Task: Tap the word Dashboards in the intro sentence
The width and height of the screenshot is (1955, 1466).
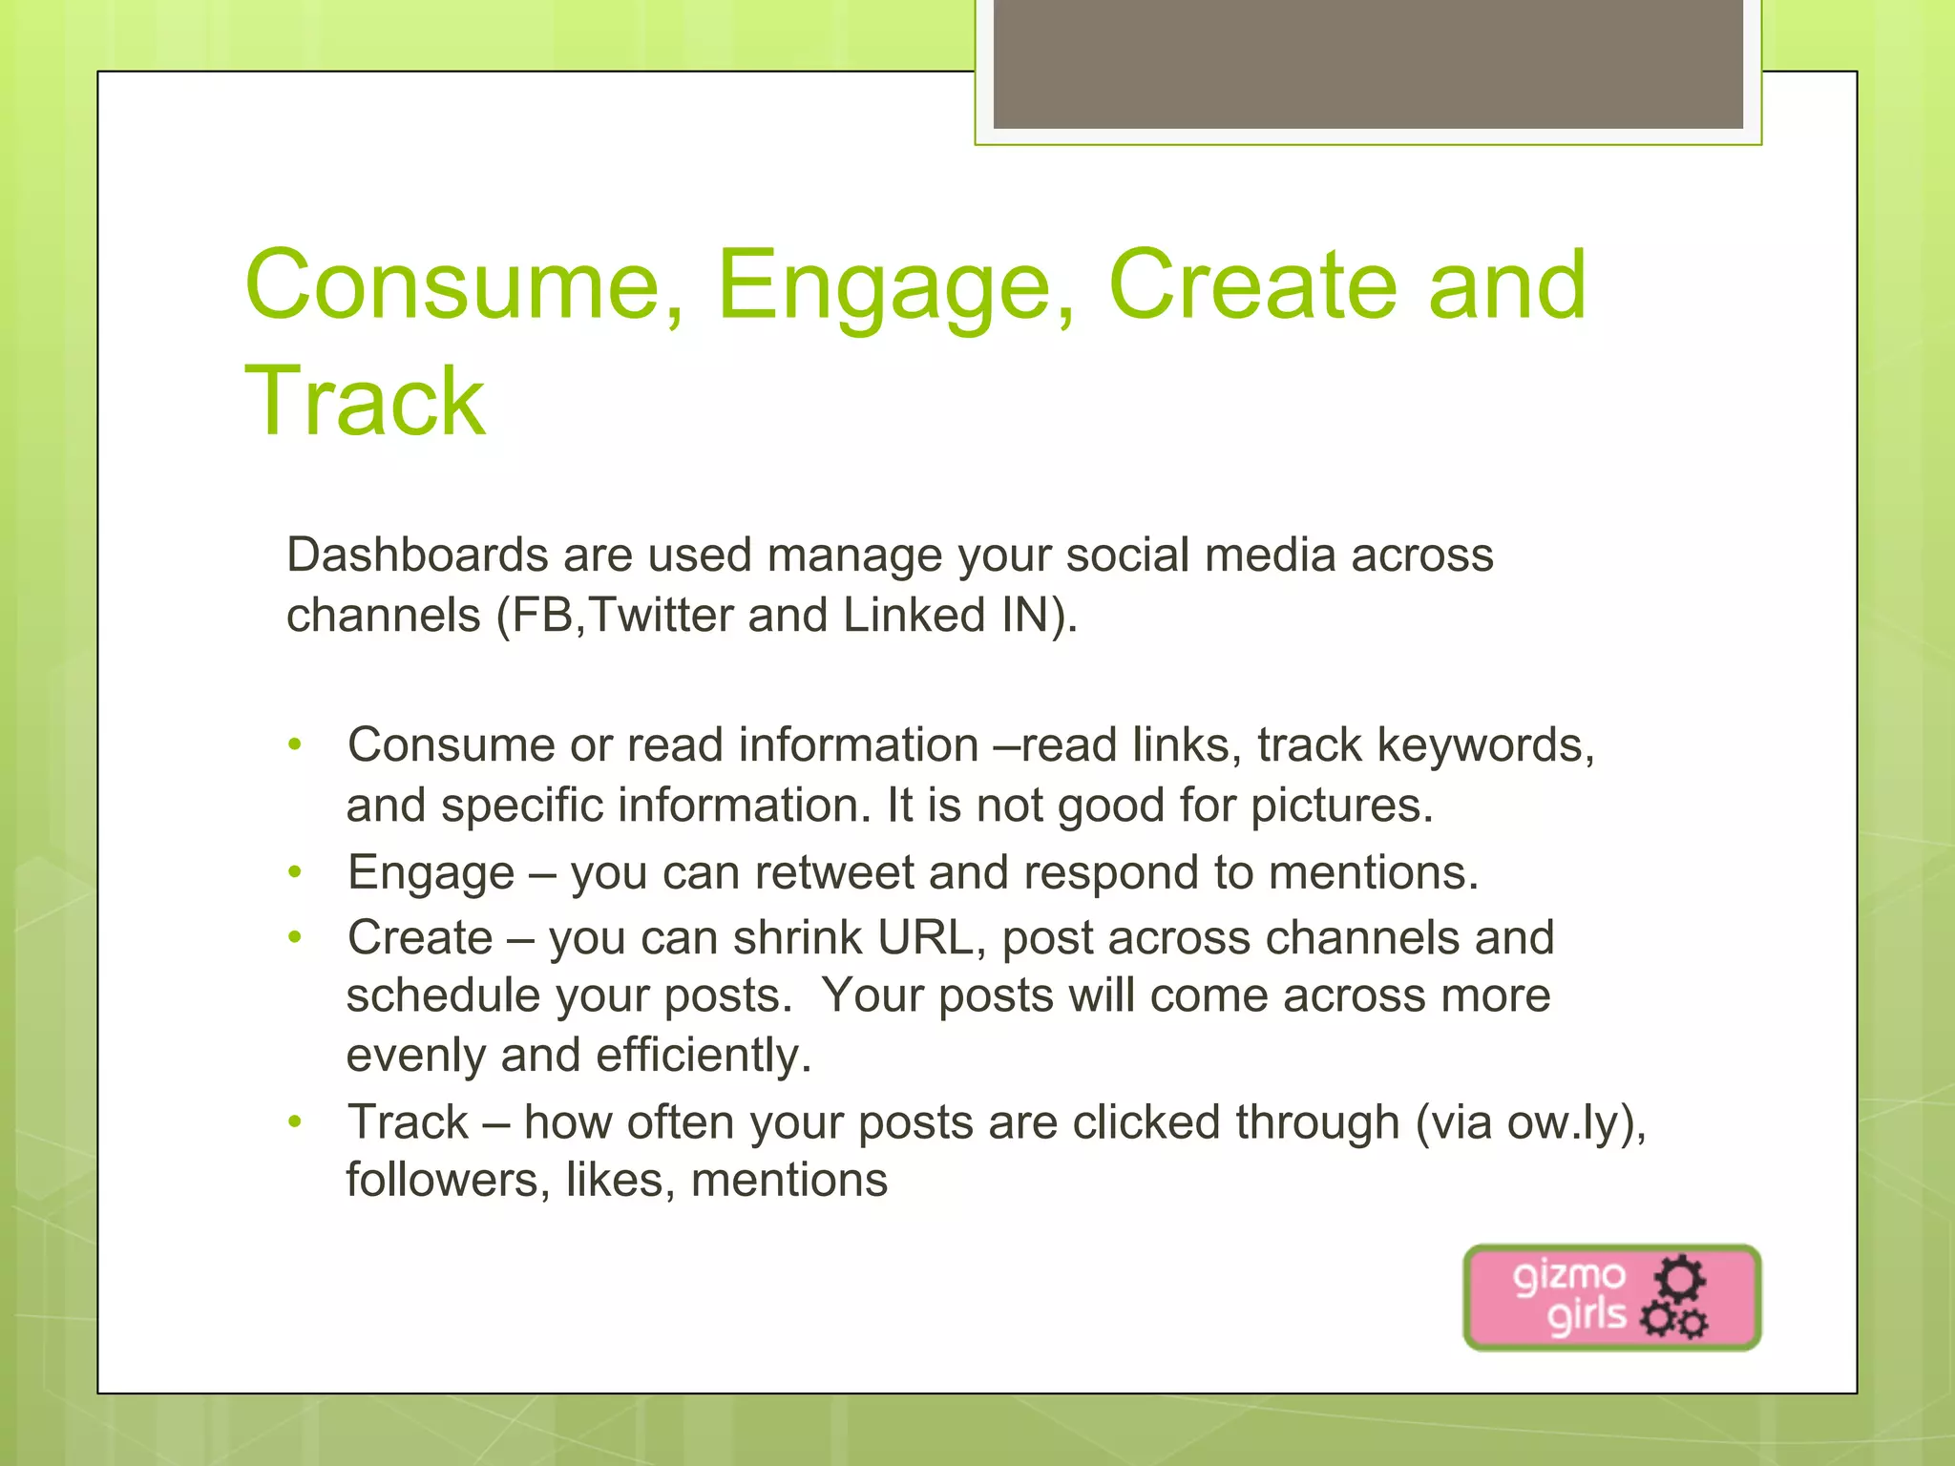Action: coord(417,555)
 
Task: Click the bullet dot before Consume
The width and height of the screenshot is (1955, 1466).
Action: coord(295,743)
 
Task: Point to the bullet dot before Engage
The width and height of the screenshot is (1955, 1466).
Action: coord(295,871)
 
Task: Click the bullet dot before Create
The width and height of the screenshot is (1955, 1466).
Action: coord(295,936)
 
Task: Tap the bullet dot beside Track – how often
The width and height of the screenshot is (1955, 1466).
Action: coord(295,1121)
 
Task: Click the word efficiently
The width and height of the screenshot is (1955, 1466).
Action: coord(704,1056)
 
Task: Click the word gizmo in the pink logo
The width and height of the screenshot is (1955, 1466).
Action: coord(1568,1276)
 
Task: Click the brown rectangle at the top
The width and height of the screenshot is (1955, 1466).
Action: coord(1367,63)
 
